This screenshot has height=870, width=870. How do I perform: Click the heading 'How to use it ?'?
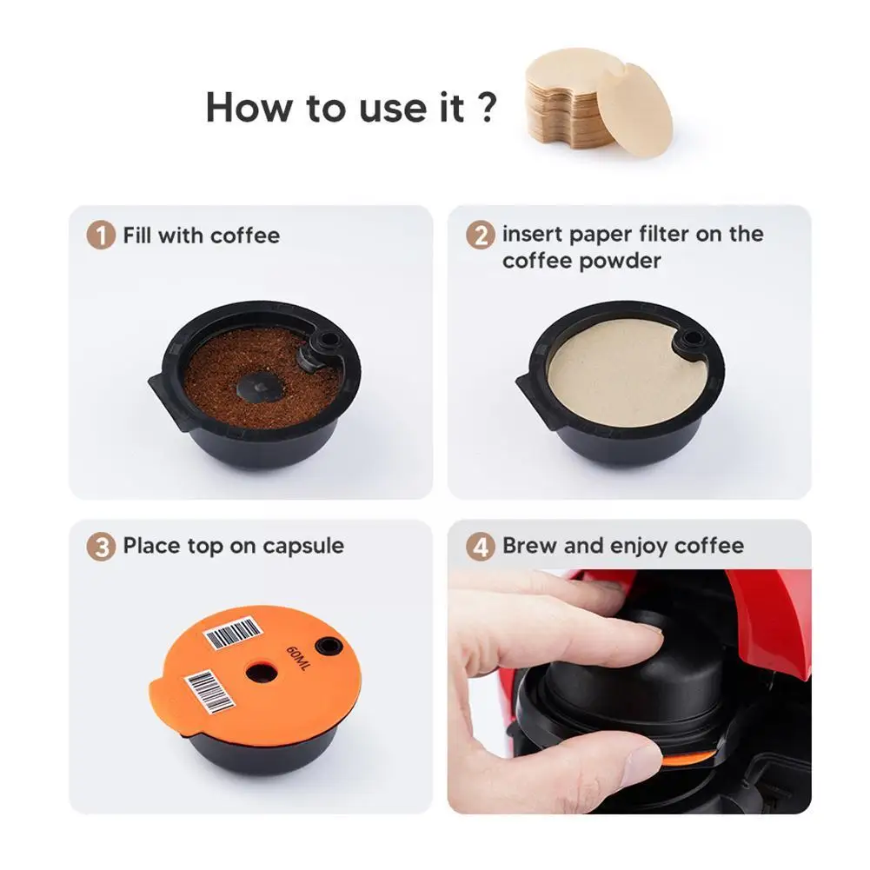click(x=351, y=107)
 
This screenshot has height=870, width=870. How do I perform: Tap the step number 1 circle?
click(x=101, y=236)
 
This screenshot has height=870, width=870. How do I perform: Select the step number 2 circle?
click(x=480, y=236)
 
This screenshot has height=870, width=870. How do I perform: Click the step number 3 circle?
click(x=101, y=548)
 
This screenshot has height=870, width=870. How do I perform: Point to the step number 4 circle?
click(x=480, y=548)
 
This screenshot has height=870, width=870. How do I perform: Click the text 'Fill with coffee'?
click(x=201, y=236)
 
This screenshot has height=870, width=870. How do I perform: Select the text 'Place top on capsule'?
click(x=233, y=547)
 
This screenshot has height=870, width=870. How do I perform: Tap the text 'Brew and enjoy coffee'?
click(x=622, y=547)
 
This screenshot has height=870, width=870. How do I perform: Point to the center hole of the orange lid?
click(x=259, y=672)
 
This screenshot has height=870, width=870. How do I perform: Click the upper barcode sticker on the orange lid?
click(x=233, y=634)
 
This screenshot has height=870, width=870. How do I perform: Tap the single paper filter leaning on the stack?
click(x=634, y=110)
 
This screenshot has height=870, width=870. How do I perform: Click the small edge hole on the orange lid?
click(x=329, y=646)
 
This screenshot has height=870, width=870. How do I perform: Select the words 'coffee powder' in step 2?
click(x=581, y=261)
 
